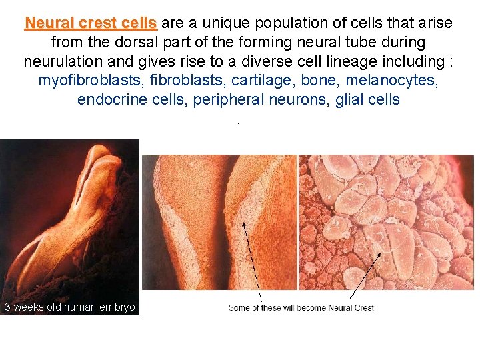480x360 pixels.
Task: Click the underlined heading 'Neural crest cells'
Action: pyautogui.click(x=91, y=23)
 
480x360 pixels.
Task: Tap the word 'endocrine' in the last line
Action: pyautogui.click(x=109, y=100)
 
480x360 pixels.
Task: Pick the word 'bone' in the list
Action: pyautogui.click(x=319, y=81)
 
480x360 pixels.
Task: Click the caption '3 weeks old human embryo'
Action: pyautogui.click(x=69, y=307)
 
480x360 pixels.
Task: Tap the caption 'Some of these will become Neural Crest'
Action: pyautogui.click(x=301, y=308)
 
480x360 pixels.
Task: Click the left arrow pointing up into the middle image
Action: pyautogui.click(x=252, y=260)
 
